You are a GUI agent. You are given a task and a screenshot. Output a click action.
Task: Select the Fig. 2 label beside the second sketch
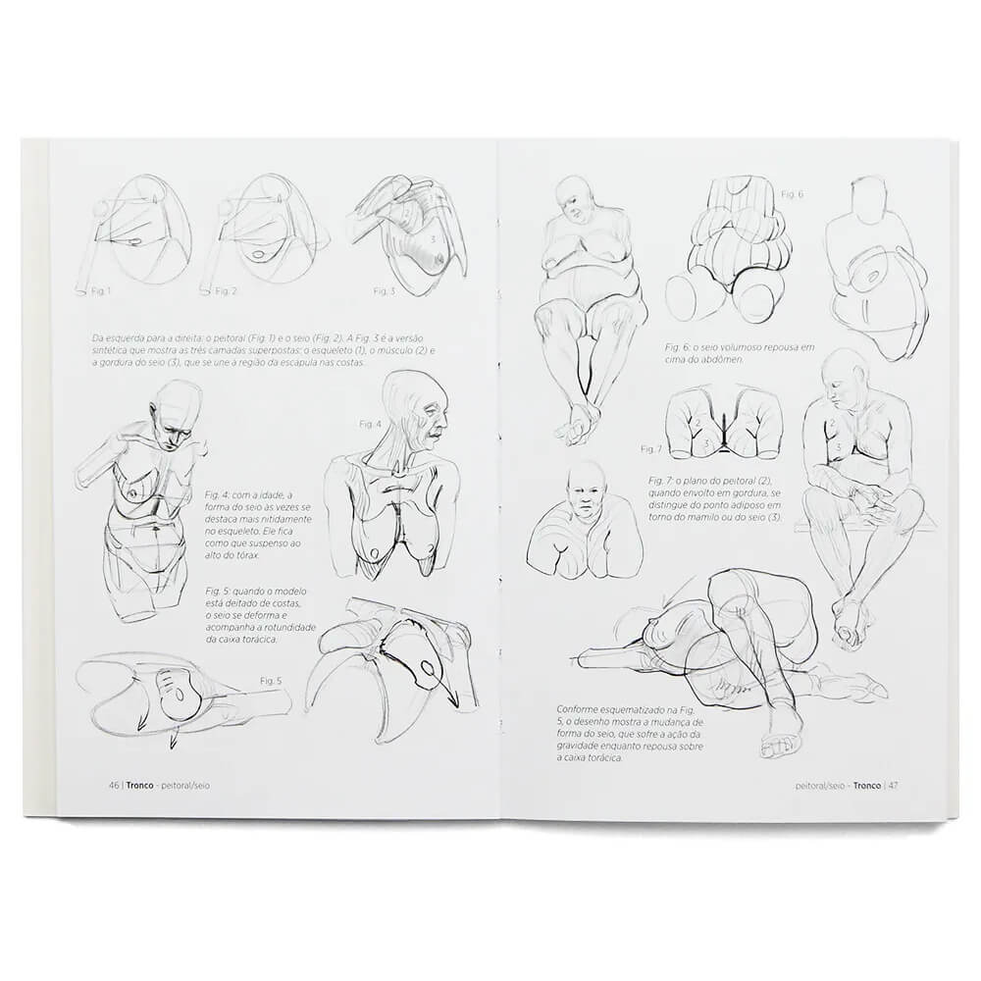point(225,291)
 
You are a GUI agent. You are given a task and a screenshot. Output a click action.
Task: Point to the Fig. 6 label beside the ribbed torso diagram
point(792,193)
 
